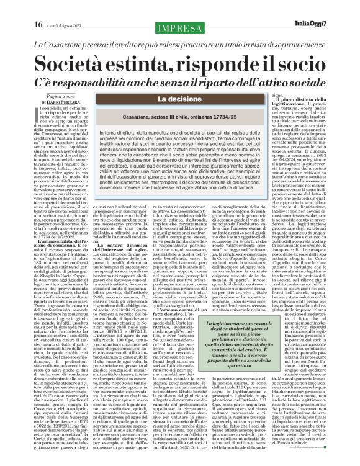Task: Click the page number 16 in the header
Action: tap(38, 24)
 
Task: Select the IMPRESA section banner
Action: tap(180, 28)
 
